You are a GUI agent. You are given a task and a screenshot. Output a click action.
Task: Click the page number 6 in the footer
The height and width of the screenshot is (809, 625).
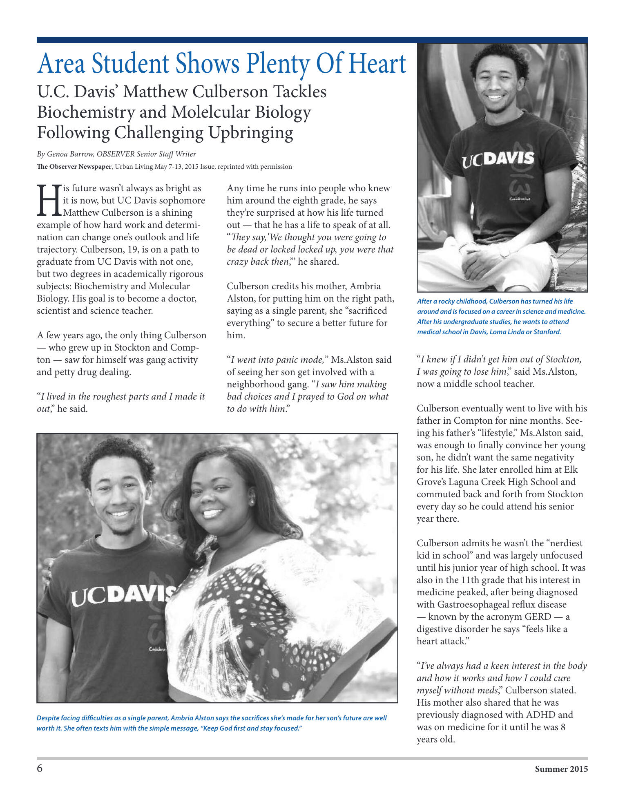tap(40, 769)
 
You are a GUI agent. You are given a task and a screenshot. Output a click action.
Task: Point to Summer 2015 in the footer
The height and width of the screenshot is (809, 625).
tap(561, 769)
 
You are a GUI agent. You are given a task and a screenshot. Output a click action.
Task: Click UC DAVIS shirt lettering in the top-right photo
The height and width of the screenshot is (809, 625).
tap(498, 159)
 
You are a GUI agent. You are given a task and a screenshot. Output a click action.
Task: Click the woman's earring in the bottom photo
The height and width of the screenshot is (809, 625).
tap(252, 501)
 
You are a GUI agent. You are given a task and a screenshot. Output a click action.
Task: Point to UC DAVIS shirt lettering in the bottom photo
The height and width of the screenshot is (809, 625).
tap(123, 595)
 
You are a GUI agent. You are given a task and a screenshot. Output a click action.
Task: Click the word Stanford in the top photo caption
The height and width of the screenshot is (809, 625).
tap(547, 332)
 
